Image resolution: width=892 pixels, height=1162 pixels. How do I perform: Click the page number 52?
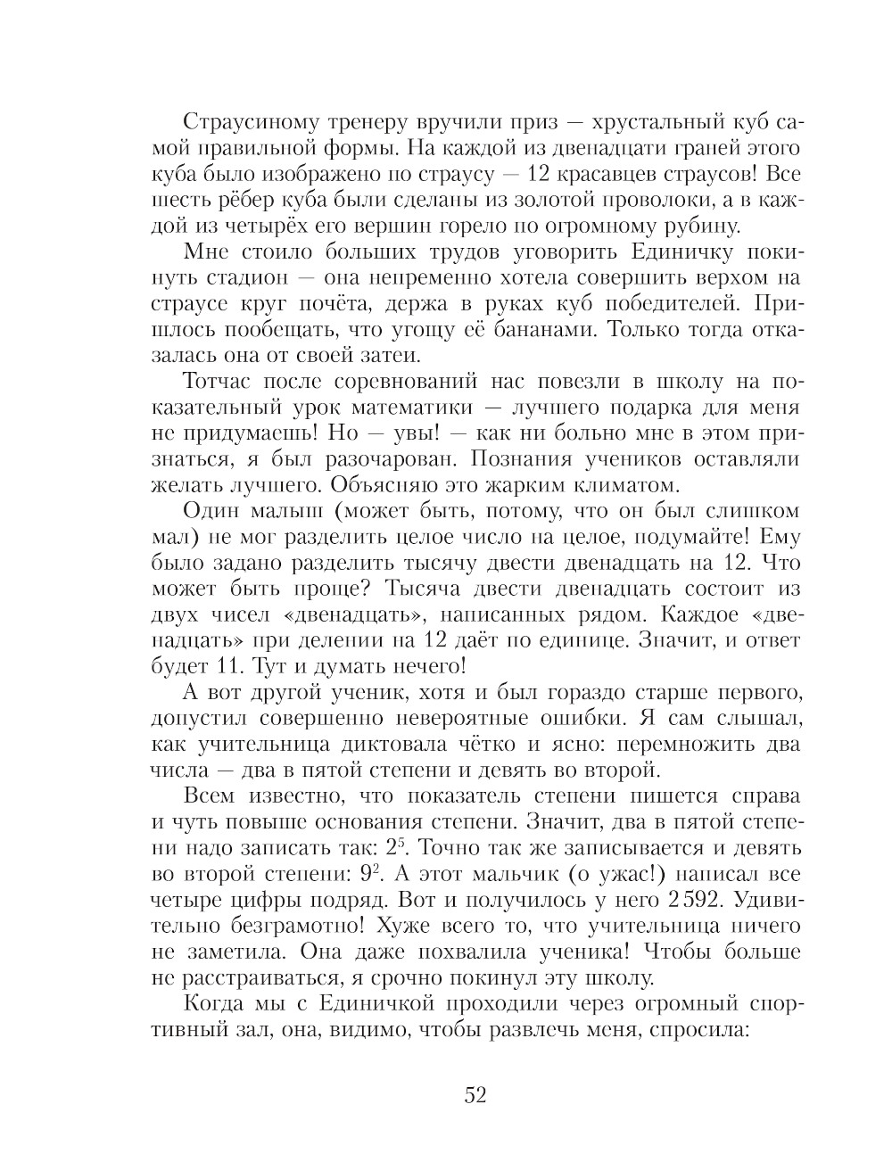[x=475, y=1095]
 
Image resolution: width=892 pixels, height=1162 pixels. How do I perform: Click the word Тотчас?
[x=218, y=381]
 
